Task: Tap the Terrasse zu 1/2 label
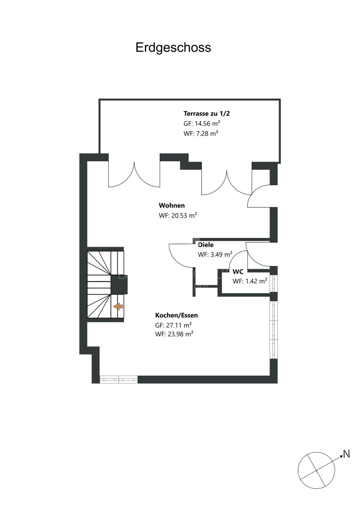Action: (206, 113)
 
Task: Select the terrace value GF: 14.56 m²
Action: (202, 123)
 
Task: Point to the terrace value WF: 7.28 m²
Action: (201, 133)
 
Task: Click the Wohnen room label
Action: (172, 205)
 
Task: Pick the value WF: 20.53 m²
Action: (177, 215)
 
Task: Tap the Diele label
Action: (205, 245)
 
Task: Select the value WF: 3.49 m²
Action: (215, 254)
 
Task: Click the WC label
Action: (238, 271)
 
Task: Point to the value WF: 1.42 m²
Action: (250, 281)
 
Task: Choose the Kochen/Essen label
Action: (177, 315)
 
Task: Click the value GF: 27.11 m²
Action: (173, 325)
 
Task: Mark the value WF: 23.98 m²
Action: (174, 334)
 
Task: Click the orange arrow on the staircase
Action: (118, 307)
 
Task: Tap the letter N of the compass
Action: (346, 454)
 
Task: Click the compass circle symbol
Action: (316, 470)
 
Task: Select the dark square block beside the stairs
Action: (119, 285)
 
